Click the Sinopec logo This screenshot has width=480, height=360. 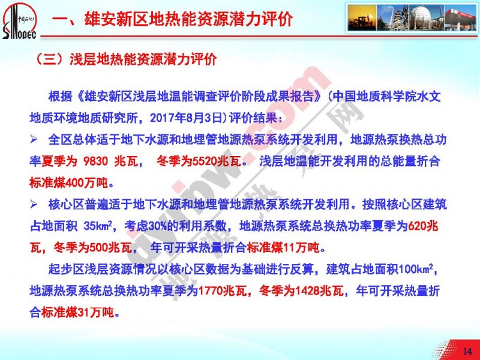coord(19,21)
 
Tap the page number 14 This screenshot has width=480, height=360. coord(467,351)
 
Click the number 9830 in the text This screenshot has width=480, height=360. coord(96,161)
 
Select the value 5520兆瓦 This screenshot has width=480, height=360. coord(217,161)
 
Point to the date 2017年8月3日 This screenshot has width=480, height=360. coord(186,118)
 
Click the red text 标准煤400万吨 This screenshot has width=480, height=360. coord(69,183)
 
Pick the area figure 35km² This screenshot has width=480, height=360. coord(99,226)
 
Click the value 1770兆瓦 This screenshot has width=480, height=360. coord(223,290)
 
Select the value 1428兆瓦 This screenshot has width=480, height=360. coord(319,290)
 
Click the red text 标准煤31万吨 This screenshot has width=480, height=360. coord(77,312)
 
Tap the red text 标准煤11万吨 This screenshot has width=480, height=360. coord(283,247)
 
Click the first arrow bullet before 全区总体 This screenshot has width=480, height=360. coord(34,140)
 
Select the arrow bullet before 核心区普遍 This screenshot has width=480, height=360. coord(34,205)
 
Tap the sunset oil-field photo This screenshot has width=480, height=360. coord(362,17)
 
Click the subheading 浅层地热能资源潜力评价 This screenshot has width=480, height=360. coord(143,58)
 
